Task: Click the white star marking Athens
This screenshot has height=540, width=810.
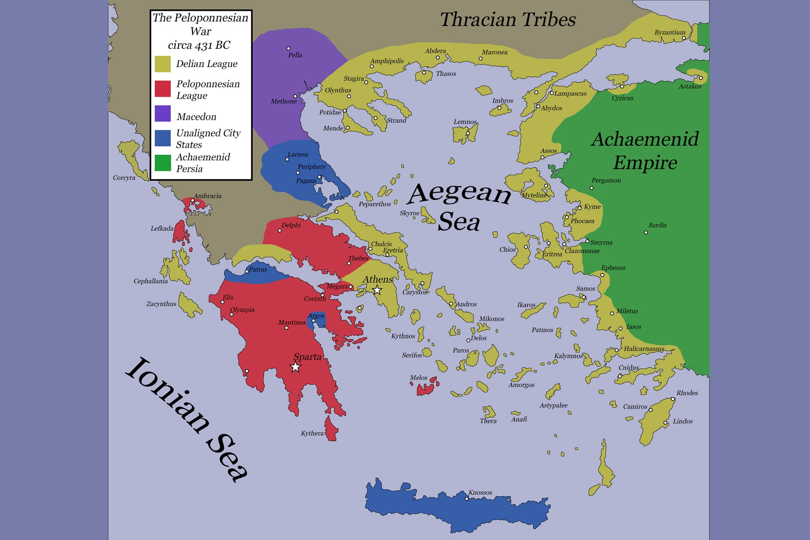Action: tap(377, 290)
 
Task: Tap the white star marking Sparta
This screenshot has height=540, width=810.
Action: tap(295, 367)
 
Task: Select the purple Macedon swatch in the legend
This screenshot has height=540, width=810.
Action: tap(162, 114)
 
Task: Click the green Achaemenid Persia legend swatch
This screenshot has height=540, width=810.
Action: tap(162, 163)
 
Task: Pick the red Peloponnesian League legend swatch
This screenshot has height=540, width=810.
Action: tap(162, 88)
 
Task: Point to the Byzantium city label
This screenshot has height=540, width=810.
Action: tap(670, 32)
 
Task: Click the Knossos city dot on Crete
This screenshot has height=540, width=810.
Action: tap(466, 498)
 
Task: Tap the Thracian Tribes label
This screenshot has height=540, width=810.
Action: tap(508, 20)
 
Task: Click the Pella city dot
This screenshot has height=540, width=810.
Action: tap(288, 48)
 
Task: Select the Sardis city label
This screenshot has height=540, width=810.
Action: tap(657, 225)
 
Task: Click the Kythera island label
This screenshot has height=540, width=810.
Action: tap(312, 433)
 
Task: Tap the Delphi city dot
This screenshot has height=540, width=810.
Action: tap(280, 231)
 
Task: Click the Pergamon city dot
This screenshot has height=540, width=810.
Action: tap(591, 188)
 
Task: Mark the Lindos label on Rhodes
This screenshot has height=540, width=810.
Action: tap(682, 421)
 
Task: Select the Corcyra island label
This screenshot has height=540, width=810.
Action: tap(124, 178)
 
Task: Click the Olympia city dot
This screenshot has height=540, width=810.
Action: tap(231, 315)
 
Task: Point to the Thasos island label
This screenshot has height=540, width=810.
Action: tap(446, 74)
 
